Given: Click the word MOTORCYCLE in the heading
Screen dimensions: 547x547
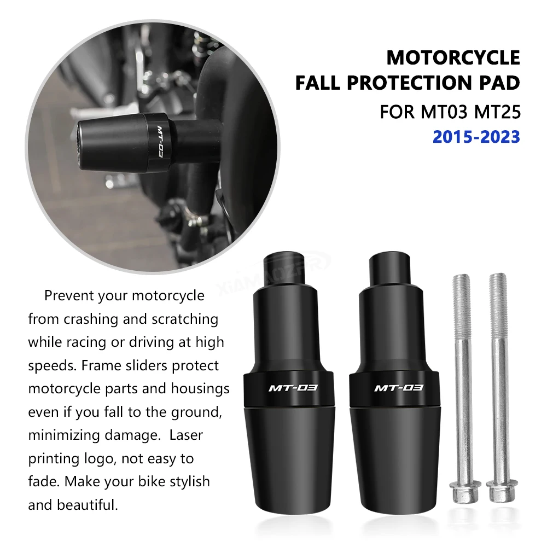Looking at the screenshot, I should (453, 57).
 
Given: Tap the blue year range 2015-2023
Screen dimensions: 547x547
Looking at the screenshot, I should (476, 137).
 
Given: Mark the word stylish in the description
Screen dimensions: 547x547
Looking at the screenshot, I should (184, 482).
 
